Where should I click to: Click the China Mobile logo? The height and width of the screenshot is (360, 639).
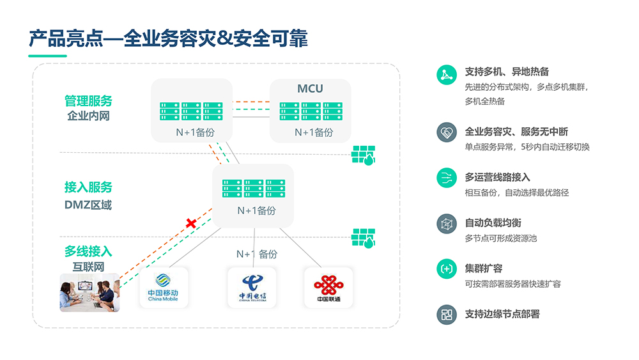(x=163, y=287)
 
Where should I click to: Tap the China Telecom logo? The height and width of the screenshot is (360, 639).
(x=252, y=287)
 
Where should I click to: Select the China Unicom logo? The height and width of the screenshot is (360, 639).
(x=328, y=287)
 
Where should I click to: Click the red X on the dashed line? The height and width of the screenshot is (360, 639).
(x=190, y=223)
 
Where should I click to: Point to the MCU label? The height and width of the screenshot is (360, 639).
(x=310, y=88)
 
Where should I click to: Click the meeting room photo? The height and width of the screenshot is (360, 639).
(x=89, y=292)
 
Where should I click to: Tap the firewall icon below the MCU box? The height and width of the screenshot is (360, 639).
(x=364, y=155)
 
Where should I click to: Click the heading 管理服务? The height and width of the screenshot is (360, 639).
(x=88, y=101)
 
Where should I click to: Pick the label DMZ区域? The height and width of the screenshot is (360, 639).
(x=88, y=205)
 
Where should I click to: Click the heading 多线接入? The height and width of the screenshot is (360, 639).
(x=88, y=251)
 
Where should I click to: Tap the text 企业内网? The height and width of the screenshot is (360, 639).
(x=88, y=116)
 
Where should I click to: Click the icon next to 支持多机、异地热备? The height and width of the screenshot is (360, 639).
(x=446, y=75)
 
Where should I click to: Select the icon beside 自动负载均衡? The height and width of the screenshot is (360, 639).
(x=446, y=223)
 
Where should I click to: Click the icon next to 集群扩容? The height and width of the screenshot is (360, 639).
(x=446, y=269)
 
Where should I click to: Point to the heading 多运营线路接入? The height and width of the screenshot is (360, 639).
(x=497, y=177)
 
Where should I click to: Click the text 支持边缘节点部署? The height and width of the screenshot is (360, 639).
(x=502, y=314)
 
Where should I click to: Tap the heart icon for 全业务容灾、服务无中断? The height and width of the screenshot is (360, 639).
(x=446, y=132)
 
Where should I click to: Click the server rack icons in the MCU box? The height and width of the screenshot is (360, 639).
(x=310, y=111)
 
